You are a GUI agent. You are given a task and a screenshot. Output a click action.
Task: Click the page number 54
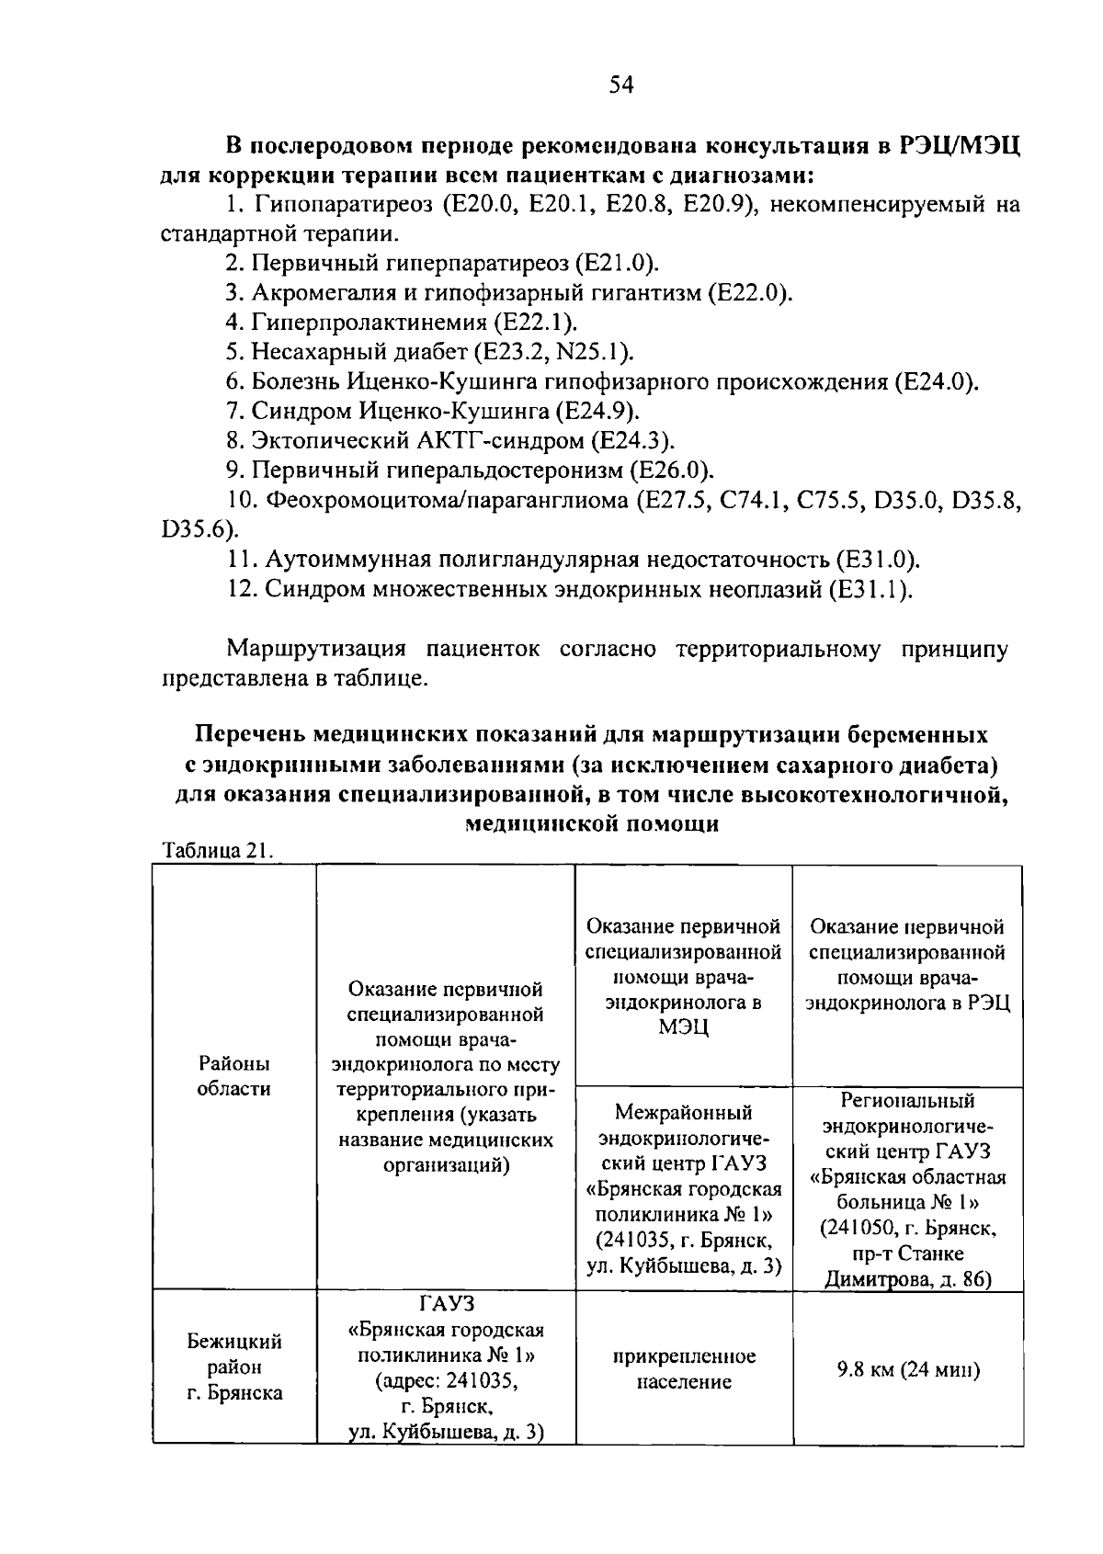[621, 86]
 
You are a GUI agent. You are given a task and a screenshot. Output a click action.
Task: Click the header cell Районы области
[234, 1076]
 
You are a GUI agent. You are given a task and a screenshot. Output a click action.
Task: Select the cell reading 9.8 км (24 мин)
[907, 1370]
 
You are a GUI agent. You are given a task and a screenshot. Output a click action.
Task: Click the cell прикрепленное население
[683, 1368]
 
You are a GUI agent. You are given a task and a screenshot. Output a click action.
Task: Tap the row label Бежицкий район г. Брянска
[234, 1367]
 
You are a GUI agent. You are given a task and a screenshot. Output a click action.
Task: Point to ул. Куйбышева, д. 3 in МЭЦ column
[683, 1266]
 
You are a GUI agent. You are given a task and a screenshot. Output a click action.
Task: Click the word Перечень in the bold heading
[249, 735]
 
